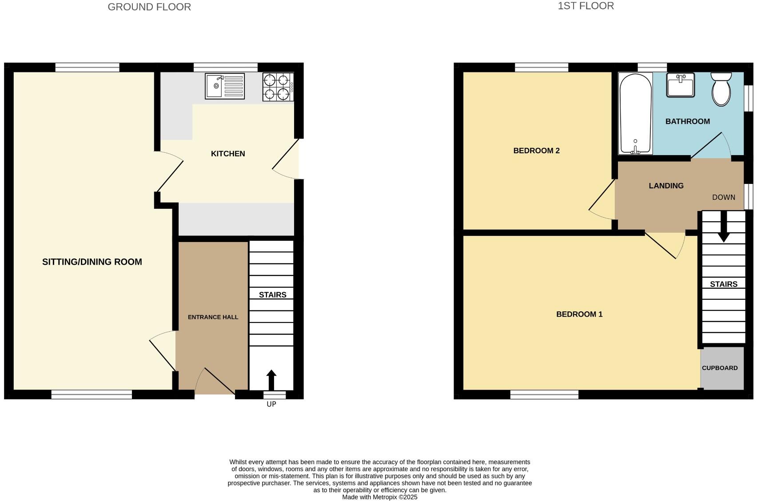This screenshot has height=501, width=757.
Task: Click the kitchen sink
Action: click(x=224, y=86)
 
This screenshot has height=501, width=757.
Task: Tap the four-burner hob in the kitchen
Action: click(x=278, y=87)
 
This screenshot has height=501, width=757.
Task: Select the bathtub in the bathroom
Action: click(x=635, y=114)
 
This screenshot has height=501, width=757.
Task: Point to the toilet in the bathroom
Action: click(x=721, y=89)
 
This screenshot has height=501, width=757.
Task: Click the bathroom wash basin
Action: click(x=680, y=85)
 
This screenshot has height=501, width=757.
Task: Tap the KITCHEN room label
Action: click(x=228, y=154)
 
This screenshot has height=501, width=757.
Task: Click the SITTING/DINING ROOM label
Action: click(x=92, y=262)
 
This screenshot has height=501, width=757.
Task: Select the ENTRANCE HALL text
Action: click(x=213, y=317)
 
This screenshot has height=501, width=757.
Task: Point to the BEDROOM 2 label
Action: click(x=536, y=151)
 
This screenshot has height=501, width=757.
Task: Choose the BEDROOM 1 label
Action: click(x=579, y=314)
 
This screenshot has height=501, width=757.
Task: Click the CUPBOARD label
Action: click(x=720, y=368)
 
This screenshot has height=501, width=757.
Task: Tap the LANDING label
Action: click(x=666, y=186)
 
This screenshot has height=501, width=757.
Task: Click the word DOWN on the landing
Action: click(x=723, y=197)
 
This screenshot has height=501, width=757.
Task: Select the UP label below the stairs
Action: click(x=271, y=404)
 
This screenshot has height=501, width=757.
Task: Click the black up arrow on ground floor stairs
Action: click(x=271, y=380)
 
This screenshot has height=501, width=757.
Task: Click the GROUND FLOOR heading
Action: click(x=149, y=7)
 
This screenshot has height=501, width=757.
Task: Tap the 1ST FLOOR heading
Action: click(x=586, y=6)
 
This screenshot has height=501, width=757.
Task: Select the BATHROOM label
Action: click(x=687, y=121)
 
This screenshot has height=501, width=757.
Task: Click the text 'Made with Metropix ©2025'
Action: click(x=379, y=497)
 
